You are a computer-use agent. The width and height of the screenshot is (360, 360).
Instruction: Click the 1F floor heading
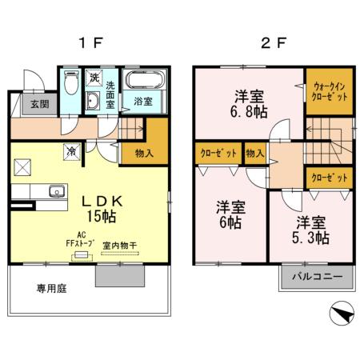click(90, 42)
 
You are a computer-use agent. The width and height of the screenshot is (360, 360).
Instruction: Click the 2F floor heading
click(274, 42)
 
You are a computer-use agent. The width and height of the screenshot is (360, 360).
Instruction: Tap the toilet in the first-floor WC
click(71, 82)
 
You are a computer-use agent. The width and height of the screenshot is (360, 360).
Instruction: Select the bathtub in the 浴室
click(144, 79)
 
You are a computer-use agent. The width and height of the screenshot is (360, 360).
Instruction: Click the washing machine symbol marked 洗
click(94, 78)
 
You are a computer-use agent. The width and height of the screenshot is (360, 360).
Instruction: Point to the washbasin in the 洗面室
click(93, 101)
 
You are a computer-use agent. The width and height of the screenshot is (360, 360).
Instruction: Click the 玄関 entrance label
click(40, 104)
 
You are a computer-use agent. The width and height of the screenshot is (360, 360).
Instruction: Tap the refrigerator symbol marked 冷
click(72, 151)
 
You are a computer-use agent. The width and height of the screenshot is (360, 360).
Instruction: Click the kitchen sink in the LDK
click(57, 191)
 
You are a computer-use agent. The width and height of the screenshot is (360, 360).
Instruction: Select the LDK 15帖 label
click(102, 209)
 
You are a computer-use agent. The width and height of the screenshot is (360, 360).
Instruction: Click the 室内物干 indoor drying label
click(120, 246)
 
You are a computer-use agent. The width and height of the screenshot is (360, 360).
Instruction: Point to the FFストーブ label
click(80, 243)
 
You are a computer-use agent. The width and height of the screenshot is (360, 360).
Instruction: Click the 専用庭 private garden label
click(51, 288)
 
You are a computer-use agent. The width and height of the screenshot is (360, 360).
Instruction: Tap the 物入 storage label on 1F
click(144, 154)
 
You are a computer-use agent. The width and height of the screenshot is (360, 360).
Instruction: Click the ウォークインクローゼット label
click(330, 91)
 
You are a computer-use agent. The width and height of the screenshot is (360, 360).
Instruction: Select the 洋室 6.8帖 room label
click(249, 104)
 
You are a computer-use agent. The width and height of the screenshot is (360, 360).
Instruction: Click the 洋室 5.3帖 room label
click(311, 230)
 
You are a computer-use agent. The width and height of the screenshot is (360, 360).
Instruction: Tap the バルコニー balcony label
click(318, 276)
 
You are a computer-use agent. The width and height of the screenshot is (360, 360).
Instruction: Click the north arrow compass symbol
click(342, 313)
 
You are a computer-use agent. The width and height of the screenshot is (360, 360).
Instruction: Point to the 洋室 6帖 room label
click(230, 214)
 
